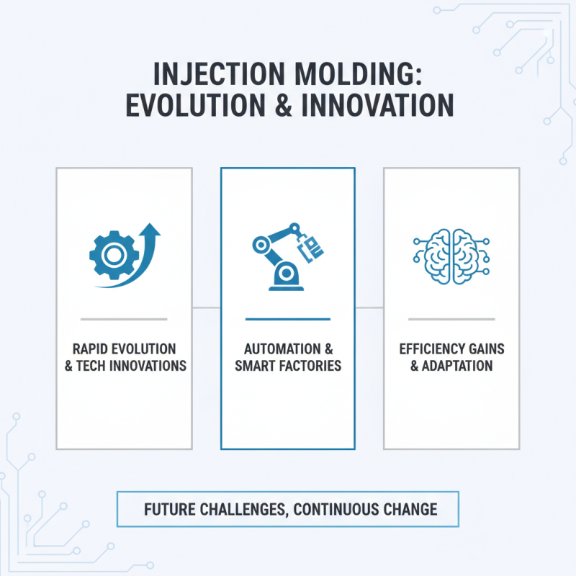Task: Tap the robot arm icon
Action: pos(287,256)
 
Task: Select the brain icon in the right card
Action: pos(451,255)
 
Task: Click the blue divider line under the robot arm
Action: pos(287,318)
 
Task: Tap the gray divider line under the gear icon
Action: pos(124,318)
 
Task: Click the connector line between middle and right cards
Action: pos(369,307)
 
